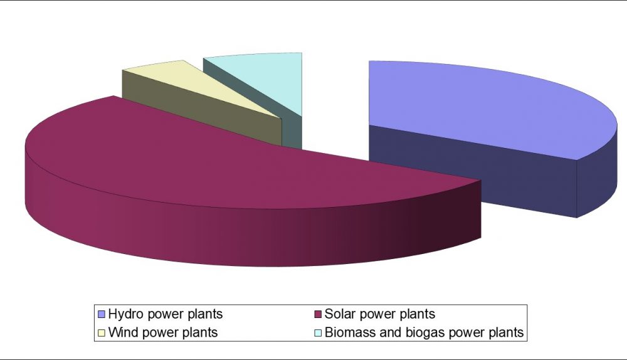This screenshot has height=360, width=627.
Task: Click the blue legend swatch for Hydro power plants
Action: [101, 314]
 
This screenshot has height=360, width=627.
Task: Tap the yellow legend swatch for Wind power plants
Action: [101, 333]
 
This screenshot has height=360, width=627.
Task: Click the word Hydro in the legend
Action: [124, 314]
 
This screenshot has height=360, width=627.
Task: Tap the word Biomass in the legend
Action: [347, 333]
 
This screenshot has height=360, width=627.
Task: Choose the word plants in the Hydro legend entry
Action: [204, 314]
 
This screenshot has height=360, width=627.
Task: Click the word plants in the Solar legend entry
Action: [416, 314]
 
